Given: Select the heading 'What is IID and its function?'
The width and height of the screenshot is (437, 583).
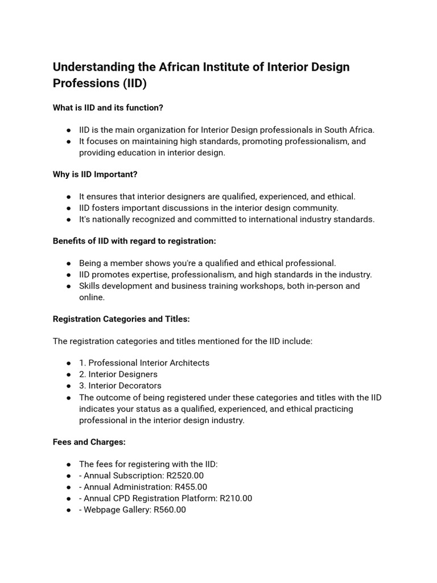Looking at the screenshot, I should click(x=108, y=108).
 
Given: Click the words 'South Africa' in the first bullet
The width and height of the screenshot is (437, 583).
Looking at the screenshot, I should click(x=348, y=130).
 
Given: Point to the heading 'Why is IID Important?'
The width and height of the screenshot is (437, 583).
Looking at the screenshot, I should click(x=95, y=174).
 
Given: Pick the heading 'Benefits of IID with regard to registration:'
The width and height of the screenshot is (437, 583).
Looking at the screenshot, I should click(x=134, y=241).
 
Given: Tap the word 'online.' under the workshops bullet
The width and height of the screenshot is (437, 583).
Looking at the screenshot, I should click(x=92, y=297).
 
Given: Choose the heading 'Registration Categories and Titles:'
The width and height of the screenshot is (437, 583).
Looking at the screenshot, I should click(x=121, y=319).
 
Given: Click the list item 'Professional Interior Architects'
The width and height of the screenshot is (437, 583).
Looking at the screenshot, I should click(x=149, y=363).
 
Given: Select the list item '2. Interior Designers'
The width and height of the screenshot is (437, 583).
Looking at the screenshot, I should click(x=118, y=374).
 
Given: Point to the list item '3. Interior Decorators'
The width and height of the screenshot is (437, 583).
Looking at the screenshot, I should click(x=120, y=385).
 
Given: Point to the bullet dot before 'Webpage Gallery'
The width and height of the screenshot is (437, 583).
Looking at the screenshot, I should click(x=68, y=510).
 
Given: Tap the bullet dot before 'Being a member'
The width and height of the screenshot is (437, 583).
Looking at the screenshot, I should click(x=68, y=264).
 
